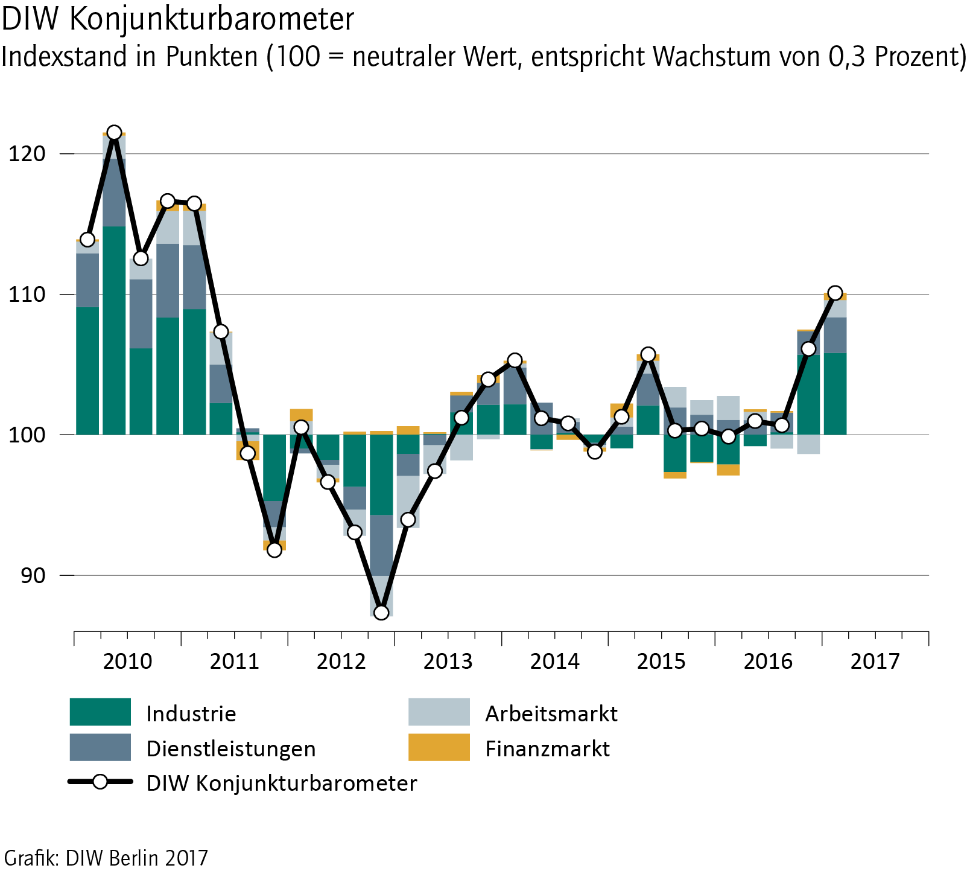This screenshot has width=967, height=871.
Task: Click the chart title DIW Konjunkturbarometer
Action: click(177, 19)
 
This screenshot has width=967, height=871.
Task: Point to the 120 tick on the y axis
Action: click(27, 154)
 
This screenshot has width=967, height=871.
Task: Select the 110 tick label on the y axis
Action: click(27, 295)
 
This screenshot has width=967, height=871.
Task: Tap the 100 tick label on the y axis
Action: click(27, 435)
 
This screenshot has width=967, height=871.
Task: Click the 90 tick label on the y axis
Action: click(34, 576)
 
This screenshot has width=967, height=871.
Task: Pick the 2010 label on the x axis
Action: click(127, 662)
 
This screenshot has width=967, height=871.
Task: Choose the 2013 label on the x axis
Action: click(448, 662)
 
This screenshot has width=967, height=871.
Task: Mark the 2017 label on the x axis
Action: click(875, 662)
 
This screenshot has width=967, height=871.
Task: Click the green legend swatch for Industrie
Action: click(100, 712)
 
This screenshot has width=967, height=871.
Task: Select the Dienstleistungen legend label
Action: click(231, 749)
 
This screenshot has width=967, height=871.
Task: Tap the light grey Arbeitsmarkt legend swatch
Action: click(439, 712)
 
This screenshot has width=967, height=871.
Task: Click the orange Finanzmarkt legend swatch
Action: click(439, 748)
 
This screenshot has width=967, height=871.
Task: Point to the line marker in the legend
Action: click(100, 782)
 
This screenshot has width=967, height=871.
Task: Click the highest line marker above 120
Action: click(114, 133)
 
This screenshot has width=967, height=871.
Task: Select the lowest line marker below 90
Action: click(381, 613)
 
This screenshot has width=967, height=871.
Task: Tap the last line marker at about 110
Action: click(835, 293)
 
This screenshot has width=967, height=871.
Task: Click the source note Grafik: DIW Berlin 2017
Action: click(106, 858)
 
